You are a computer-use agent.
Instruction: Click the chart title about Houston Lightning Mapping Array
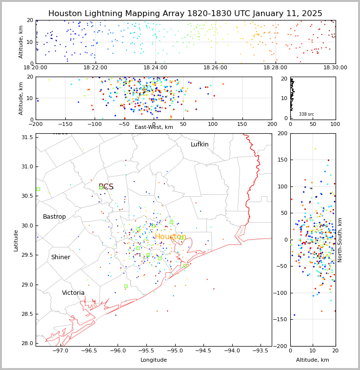[185, 14]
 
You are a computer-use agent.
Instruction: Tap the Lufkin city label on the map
[200, 144]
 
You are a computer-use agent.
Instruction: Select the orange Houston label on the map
[170, 237]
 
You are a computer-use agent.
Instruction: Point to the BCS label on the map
[106, 187]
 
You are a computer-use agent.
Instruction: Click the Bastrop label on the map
[54, 217]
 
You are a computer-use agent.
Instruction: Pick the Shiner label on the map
[60, 257]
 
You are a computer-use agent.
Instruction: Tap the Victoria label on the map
[73, 293]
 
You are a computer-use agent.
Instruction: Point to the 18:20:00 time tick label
[36, 68]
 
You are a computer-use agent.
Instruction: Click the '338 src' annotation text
[306, 114]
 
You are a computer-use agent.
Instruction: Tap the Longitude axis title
[154, 360]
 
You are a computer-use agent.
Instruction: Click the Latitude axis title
[16, 240]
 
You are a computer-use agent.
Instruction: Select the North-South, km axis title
[340, 240]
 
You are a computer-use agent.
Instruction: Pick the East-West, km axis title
[154, 127]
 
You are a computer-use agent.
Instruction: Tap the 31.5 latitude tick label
[26, 137]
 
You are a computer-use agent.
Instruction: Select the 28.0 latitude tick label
[26, 344]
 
